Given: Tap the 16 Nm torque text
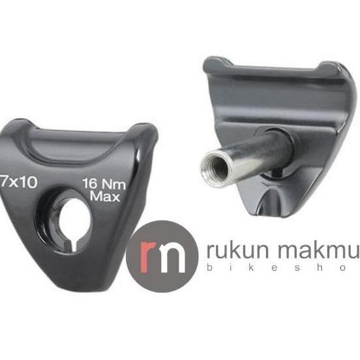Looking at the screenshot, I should point(104,185).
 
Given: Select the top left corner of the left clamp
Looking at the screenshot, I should point(14,123).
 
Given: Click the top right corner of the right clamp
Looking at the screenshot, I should point(344,68).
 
